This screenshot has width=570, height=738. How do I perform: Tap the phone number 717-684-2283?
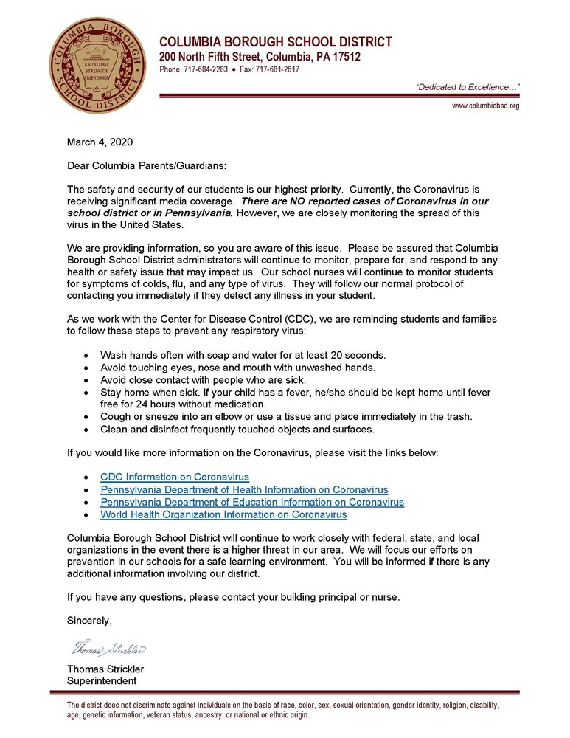click(205, 69)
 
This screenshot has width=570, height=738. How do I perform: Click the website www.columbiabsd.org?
click(485, 106)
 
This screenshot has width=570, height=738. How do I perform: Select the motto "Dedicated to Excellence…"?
click(468, 87)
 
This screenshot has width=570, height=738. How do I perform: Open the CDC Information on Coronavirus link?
click(175, 477)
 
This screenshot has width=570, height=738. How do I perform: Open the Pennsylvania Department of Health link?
click(244, 489)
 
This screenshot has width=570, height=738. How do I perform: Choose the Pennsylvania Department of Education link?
click(252, 502)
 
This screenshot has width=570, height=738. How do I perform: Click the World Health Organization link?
click(223, 514)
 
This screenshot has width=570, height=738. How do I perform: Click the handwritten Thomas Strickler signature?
click(108, 649)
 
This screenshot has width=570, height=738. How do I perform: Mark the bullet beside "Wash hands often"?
click(88, 355)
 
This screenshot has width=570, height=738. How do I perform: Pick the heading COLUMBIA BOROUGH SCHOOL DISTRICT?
click(276, 42)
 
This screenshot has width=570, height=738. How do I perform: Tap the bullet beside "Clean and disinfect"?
click(88, 430)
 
